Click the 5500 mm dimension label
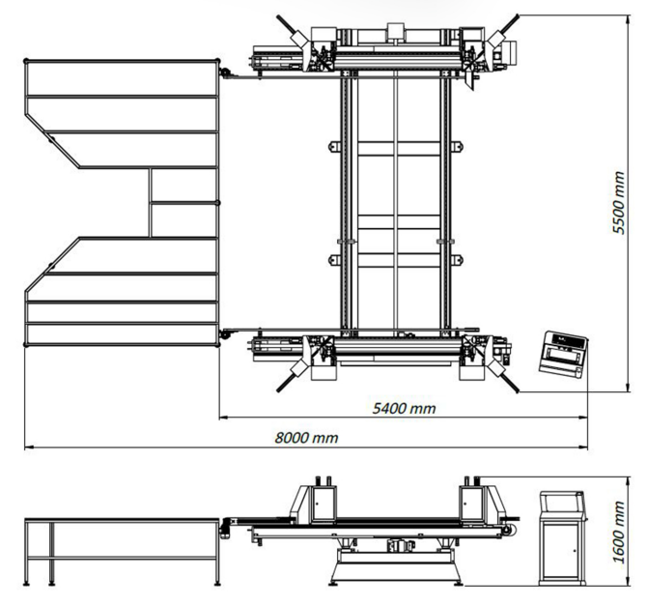click(x=619, y=202)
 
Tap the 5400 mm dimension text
click(x=404, y=409)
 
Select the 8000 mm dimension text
click(x=306, y=438)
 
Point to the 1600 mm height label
click(x=619, y=532)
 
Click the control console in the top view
click(x=563, y=354)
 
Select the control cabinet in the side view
click(x=563, y=537)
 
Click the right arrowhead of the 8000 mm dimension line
click(x=584, y=447)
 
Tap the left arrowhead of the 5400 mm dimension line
click(x=223, y=418)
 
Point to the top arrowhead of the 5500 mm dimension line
click(x=628, y=19)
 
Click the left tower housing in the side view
click(x=323, y=504)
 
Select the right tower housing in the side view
click(x=472, y=504)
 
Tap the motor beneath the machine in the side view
click(x=401, y=546)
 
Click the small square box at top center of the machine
click(x=396, y=31)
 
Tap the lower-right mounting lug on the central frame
click(x=457, y=260)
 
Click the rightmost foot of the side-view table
click(x=217, y=583)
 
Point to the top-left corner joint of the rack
click(x=26, y=61)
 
